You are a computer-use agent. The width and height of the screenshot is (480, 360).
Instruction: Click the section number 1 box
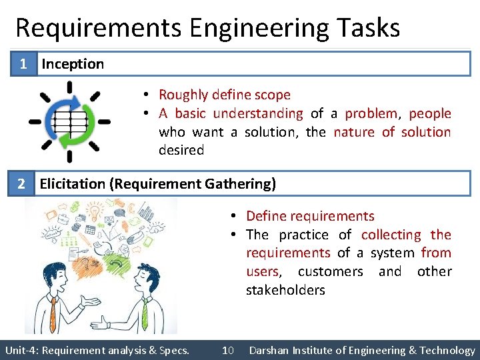(x=23, y=64)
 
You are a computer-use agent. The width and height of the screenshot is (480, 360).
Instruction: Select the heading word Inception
(x=73, y=64)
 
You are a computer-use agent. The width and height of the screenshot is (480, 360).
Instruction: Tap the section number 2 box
(x=23, y=183)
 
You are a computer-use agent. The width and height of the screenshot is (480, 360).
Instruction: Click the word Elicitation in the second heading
(x=72, y=183)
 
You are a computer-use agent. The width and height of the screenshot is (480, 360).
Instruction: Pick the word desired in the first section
(x=181, y=150)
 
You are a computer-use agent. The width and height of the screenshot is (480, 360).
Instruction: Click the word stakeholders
(x=285, y=290)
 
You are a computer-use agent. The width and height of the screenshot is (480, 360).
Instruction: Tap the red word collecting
(x=391, y=235)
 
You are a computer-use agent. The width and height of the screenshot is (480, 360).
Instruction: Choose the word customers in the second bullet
(x=330, y=271)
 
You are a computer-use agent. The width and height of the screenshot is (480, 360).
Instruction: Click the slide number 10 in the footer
(x=227, y=350)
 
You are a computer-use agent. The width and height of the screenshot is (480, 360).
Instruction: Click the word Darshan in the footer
(x=270, y=350)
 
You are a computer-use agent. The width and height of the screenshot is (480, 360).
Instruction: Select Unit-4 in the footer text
(x=19, y=350)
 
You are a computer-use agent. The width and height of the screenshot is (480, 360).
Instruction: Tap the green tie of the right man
(x=144, y=313)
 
